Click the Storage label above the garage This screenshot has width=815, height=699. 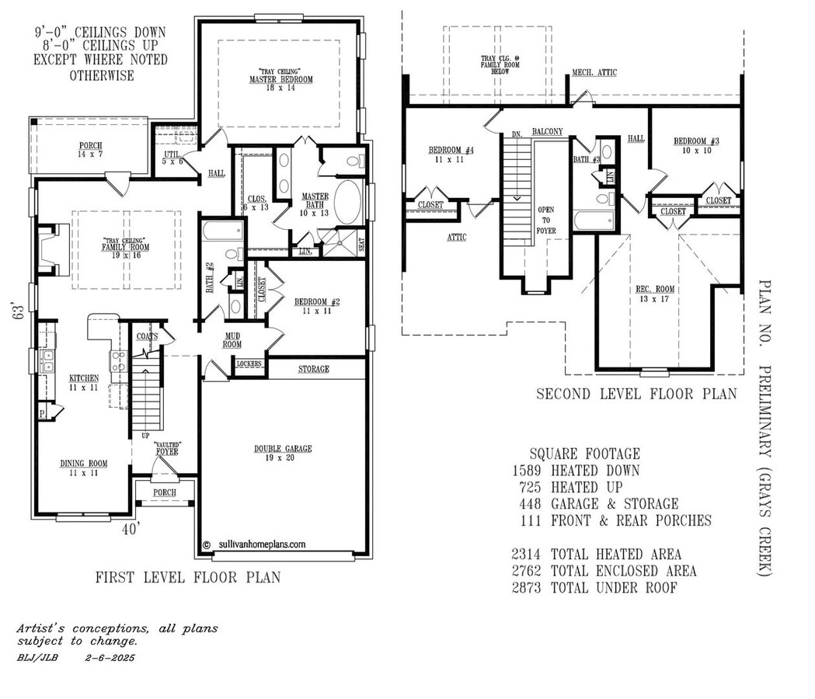pyautogui.click(x=313, y=369)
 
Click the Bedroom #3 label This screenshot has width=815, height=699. pyautogui.click(x=696, y=145)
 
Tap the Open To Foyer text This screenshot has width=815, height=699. pyautogui.click(x=549, y=221)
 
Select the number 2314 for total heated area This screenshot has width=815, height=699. pyautogui.click(x=528, y=555)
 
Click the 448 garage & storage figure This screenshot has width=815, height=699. pyautogui.click(x=531, y=504)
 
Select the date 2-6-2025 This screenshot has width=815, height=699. pyautogui.click(x=110, y=658)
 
